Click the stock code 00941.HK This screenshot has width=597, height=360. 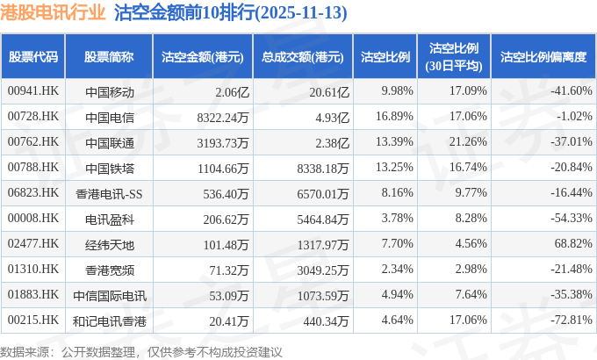(x=32, y=90)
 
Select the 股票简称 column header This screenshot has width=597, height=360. (x=109, y=57)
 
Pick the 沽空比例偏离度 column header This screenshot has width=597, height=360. (x=543, y=57)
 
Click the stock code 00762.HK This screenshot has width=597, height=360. (x=32, y=141)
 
